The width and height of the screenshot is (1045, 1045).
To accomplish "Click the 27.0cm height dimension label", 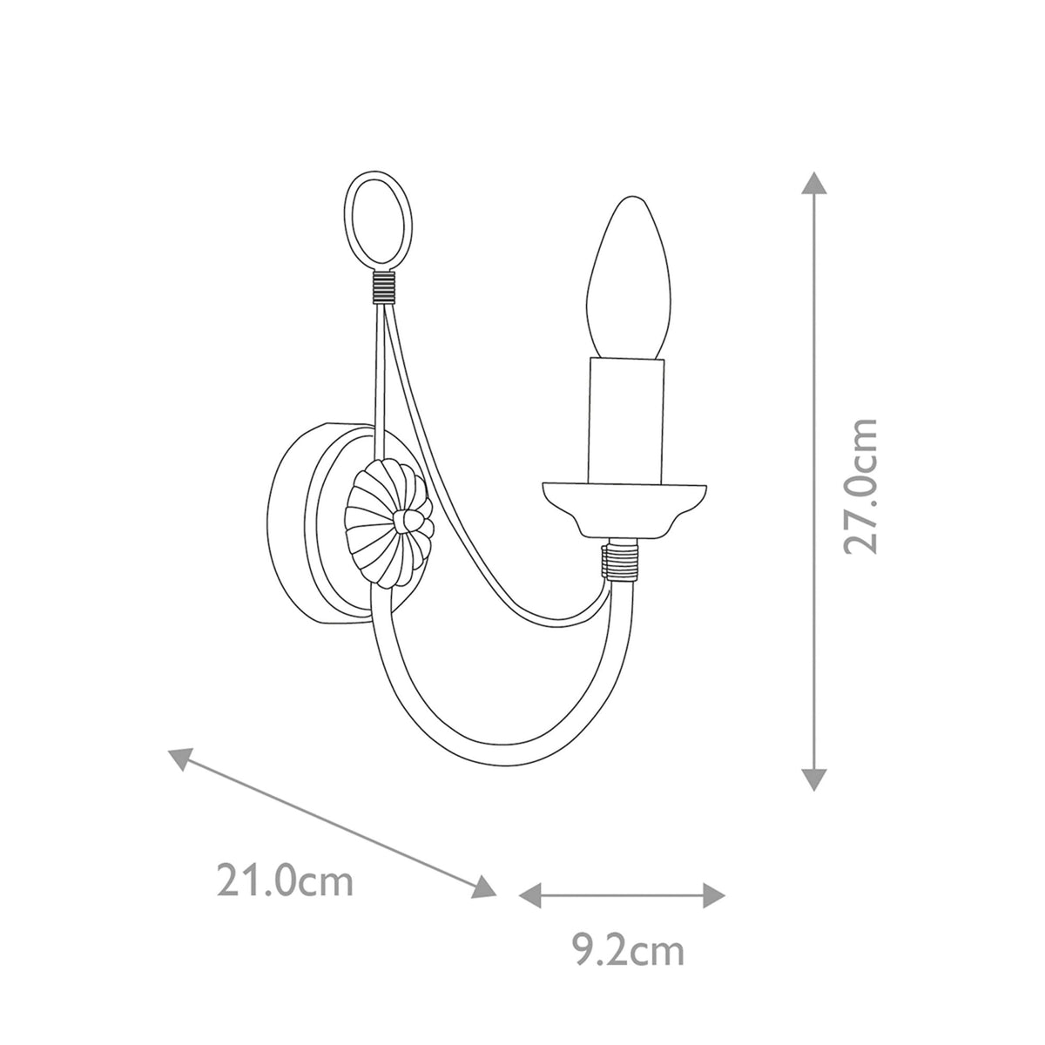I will coord(861,486).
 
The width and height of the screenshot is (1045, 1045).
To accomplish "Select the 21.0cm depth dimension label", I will coord(286,880).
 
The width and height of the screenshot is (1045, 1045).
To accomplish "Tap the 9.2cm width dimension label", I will coord(622,951).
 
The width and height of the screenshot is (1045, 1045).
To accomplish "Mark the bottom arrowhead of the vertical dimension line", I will coord(813,779).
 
